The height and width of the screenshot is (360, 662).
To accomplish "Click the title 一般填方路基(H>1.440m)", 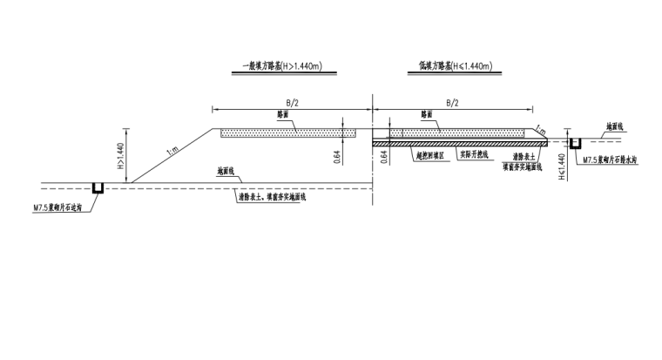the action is pos(278,66).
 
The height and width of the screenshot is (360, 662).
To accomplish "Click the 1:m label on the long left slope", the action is pos(173,153).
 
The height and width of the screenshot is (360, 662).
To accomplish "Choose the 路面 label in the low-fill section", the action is pos(427,114).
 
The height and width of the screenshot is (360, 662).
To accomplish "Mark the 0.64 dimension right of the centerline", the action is pos(384,157).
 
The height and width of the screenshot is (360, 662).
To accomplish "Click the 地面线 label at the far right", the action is pos(615,126).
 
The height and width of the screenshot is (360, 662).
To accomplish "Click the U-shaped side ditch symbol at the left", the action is pos(99,187).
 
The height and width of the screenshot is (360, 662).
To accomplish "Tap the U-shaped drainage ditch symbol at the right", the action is pos(575,141).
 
